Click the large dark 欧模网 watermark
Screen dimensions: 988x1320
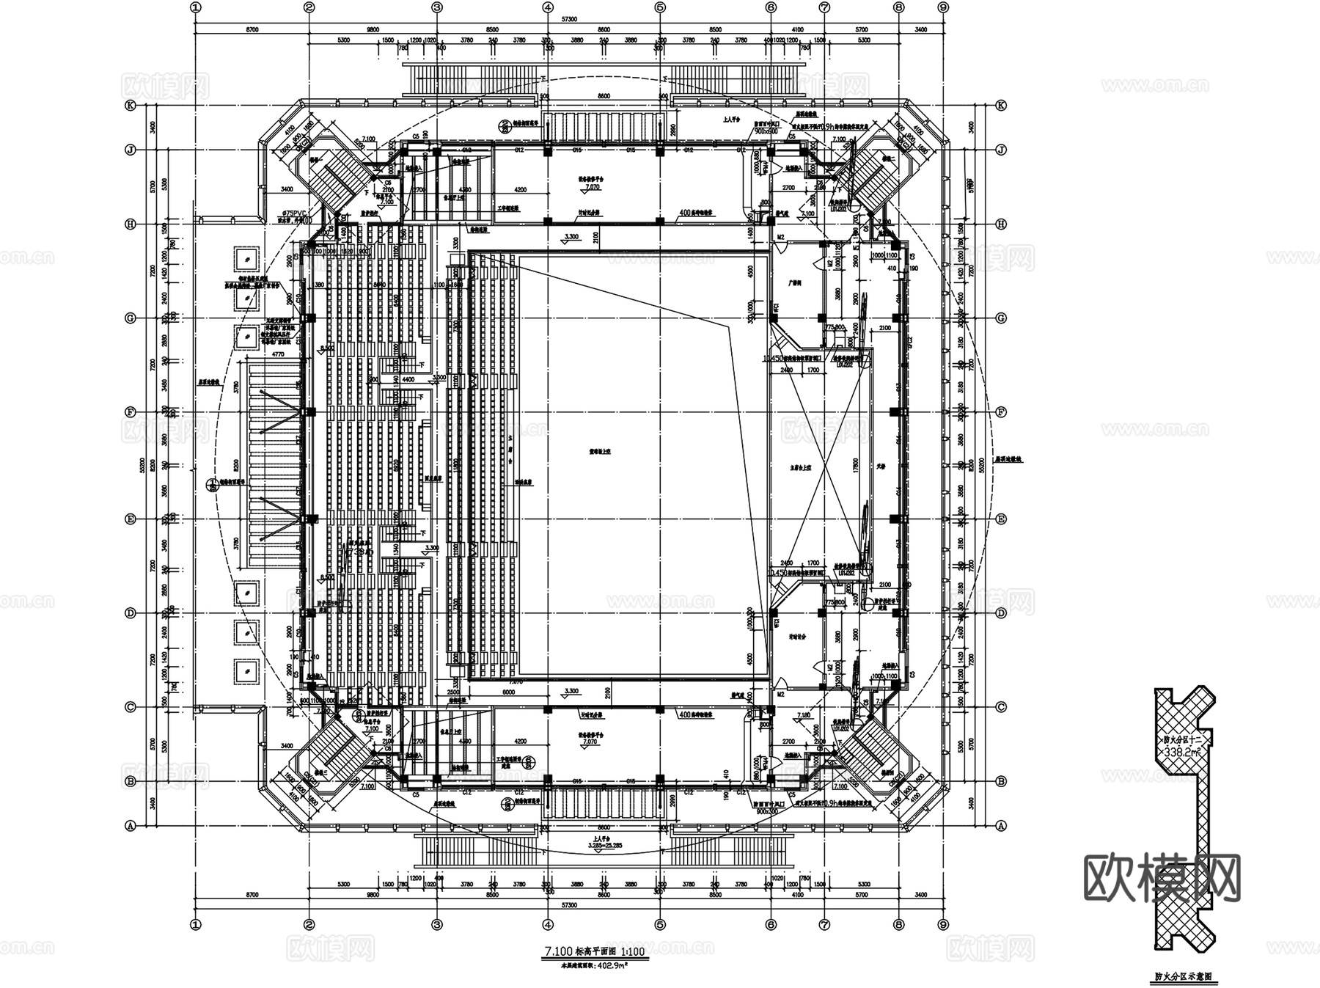[1162, 877]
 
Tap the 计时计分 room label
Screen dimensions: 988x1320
[795, 637]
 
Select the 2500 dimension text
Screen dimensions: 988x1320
[453, 692]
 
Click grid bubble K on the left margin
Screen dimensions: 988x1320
[131, 105]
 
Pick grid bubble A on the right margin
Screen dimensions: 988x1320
[1002, 826]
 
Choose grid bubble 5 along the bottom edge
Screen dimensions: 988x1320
[659, 924]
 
